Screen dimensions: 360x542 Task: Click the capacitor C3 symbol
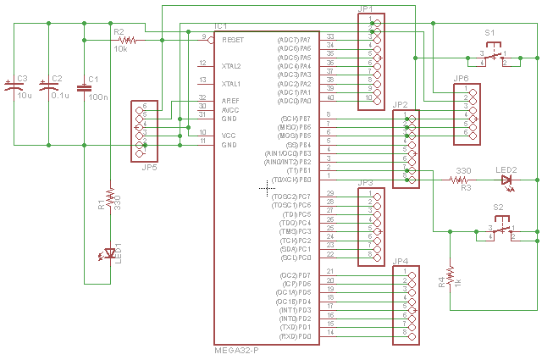click(x=13, y=85)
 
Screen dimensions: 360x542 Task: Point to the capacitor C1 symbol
click(x=84, y=86)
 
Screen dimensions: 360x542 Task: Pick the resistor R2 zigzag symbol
click(x=127, y=39)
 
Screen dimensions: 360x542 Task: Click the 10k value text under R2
click(x=120, y=49)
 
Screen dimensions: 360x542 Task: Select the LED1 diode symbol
click(x=108, y=252)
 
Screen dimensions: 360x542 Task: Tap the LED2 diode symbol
click(x=507, y=180)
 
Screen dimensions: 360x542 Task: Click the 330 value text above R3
click(x=463, y=171)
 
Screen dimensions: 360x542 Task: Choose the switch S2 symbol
click(x=501, y=231)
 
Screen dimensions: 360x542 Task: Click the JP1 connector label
click(x=365, y=8)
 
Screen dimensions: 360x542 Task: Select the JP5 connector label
click(x=148, y=167)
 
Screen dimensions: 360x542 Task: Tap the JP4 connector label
click(x=401, y=262)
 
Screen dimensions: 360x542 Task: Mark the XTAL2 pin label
click(x=230, y=65)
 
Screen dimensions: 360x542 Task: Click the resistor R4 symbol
click(x=451, y=277)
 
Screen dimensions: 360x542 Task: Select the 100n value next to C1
click(x=97, y=98)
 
